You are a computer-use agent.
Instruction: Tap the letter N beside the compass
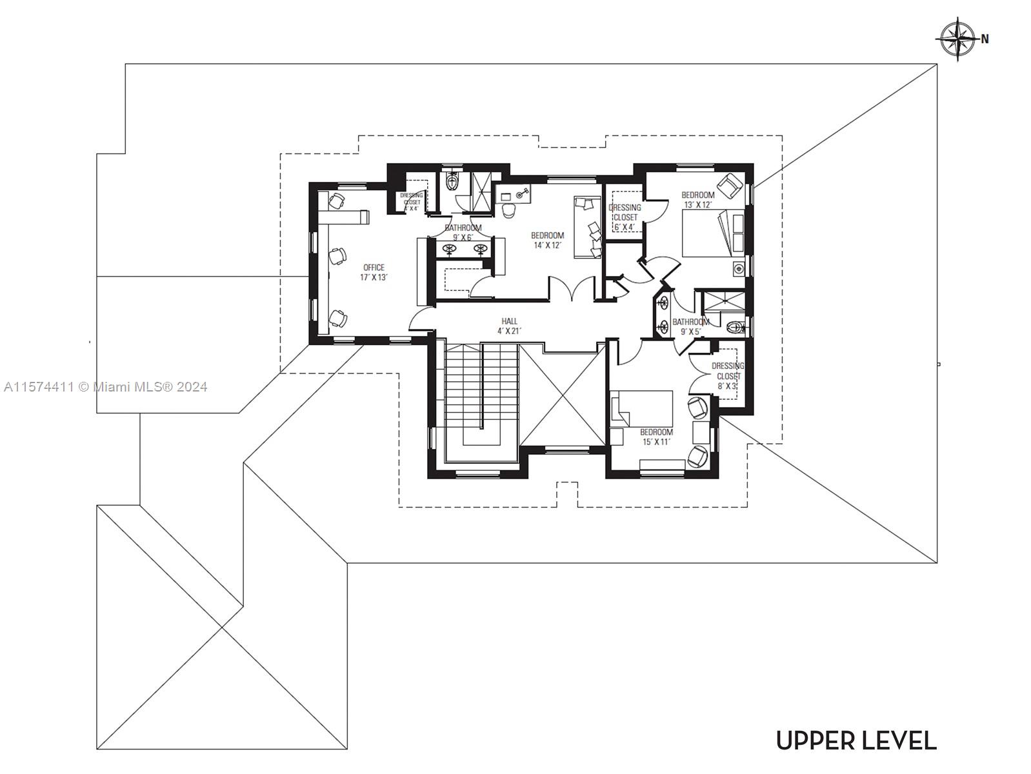(985, 39)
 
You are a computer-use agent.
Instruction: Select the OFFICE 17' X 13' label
(374, 272)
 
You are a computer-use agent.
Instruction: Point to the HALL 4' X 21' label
(509, 326)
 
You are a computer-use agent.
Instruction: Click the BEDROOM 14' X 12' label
(547, 240)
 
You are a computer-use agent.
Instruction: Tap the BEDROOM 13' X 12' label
(698, 199)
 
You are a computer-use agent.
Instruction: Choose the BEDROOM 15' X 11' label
(656, 437)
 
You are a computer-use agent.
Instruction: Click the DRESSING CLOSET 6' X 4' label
(625, 217)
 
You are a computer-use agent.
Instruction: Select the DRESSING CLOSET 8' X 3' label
(728, 376)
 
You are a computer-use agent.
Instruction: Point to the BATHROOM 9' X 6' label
(463, 232)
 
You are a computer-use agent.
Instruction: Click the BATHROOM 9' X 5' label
(690, 326)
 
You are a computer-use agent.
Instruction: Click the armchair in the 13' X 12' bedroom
(731, 185)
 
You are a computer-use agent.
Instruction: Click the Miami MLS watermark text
(105, 387)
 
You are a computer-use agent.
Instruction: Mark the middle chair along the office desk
(337, 257)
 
